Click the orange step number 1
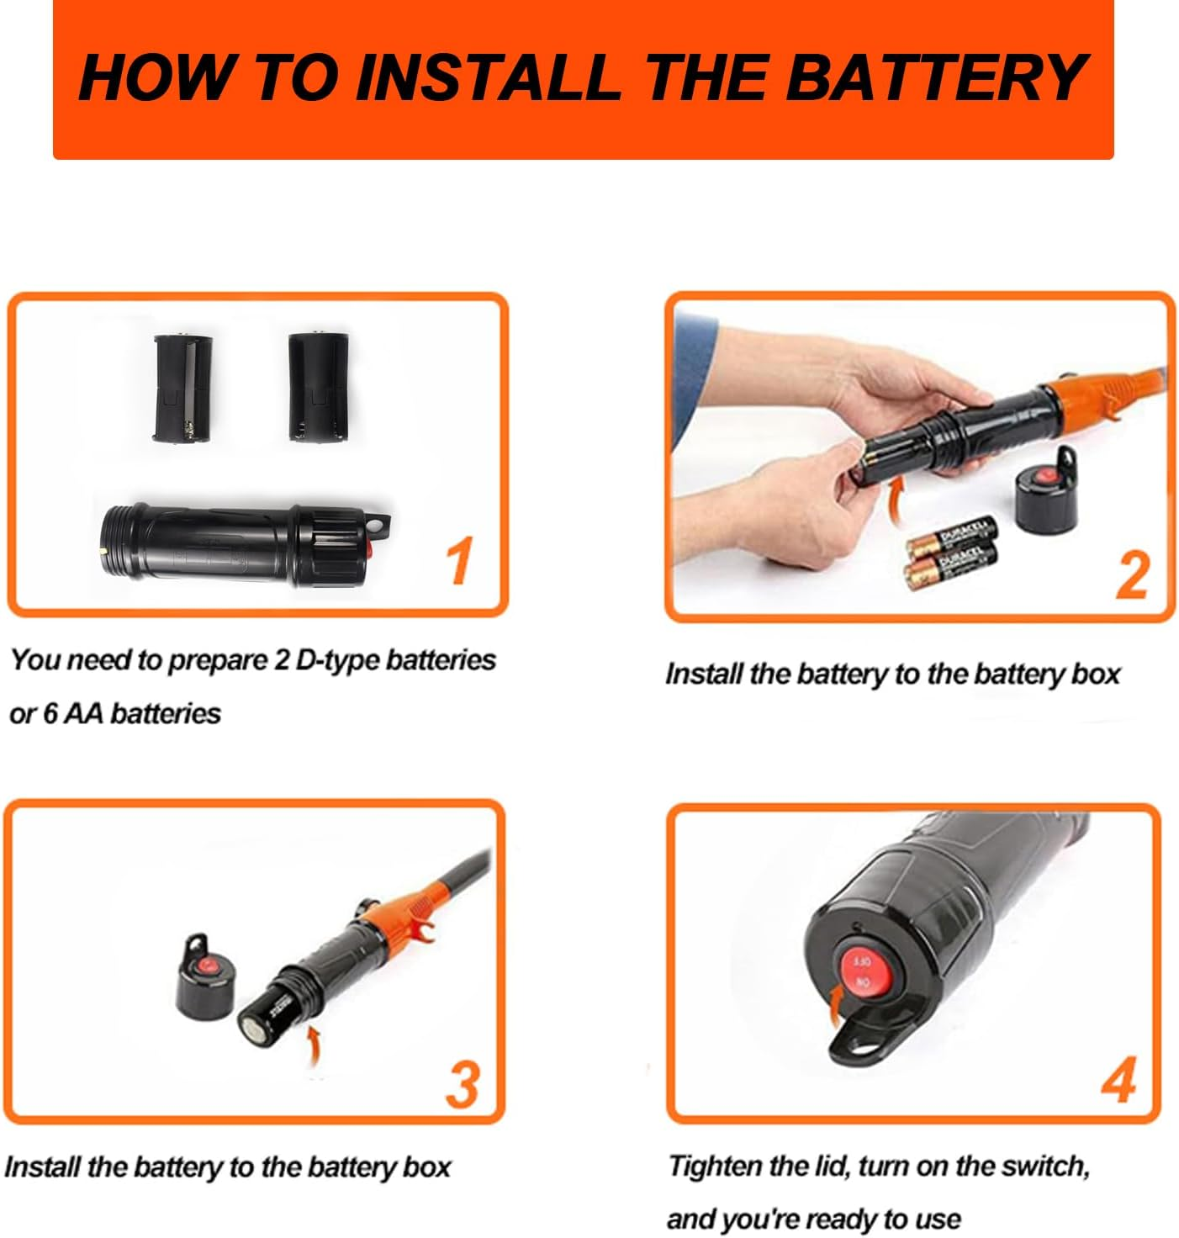(459, 560)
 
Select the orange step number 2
(1132, 574)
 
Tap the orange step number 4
(1119, 1079)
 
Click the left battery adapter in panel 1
(182, 388)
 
